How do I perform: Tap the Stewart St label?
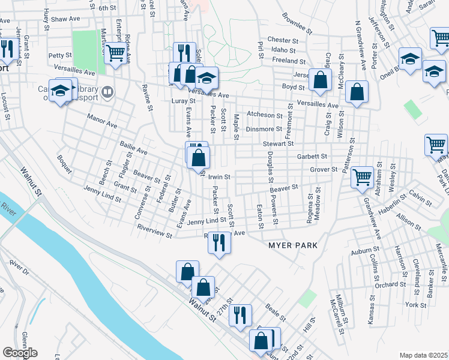click(278, 144)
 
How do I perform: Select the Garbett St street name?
click(312, 156)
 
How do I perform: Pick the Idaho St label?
click(285, 50)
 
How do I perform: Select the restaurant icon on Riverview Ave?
click(219, 242)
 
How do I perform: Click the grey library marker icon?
click(107, 92)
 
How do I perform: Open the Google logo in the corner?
click(19, 353)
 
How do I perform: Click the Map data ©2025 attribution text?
click(423, 355)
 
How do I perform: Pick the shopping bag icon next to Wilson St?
click(357, 92)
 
